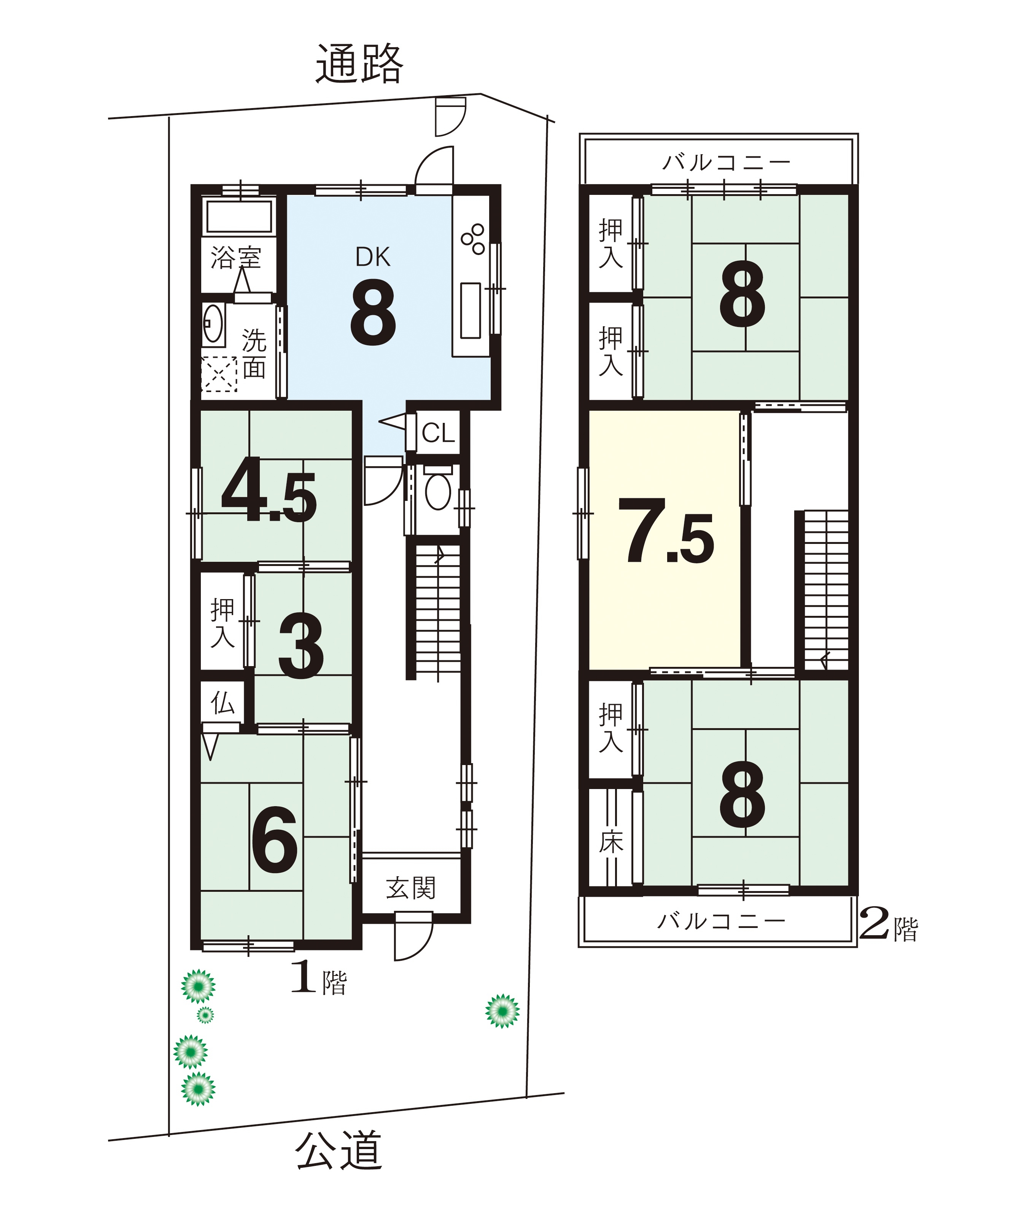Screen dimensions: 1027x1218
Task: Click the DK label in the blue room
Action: pos(373,257)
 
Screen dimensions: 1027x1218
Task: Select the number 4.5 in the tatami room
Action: pos(269,490)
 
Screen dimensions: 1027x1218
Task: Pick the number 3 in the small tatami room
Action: pos(301,647)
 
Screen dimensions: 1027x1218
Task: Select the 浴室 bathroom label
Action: pos(236,257)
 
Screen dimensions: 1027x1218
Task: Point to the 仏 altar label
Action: pos(223,703)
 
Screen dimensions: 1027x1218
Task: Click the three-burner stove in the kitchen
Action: pos(473,239)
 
